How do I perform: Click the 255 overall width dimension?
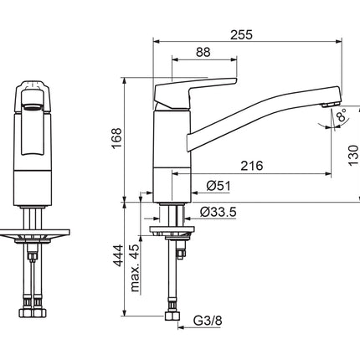241,35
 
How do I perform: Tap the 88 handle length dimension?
203,52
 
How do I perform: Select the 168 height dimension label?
116,138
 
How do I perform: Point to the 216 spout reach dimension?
252,166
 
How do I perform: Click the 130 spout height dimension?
353,156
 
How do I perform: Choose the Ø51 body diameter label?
219,186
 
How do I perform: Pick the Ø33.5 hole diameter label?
219,212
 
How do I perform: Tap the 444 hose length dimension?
117,255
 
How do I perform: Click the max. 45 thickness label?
135,268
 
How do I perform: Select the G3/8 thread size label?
208,321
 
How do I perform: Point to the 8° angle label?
342,115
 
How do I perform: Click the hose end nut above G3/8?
172,316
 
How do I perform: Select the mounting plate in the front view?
34,233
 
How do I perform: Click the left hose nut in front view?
26,313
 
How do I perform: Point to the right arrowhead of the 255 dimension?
339,42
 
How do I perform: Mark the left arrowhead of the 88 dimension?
175,59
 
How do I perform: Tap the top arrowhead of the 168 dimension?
124,80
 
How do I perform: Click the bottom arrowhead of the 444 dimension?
124,313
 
